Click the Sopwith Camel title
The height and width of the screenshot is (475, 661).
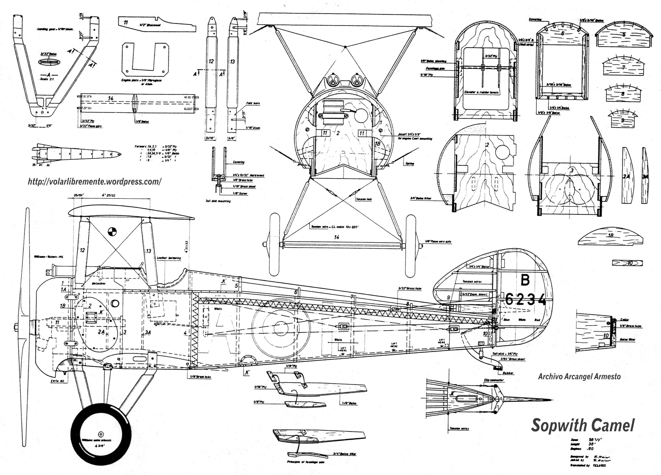pyautogui.click(x=583, y=426)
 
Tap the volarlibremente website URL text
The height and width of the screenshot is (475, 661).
pyautogui.click(x=94, y=182)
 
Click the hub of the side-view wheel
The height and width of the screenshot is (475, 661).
pyautogui.click(x=101, y=433)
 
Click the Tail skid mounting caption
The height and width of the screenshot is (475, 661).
pyautogui.click(x=218, y=201)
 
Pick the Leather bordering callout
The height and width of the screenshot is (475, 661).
pyautogui.click(x=169, y=258)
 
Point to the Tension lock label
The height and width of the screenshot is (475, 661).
pyautogui.click(x=364, y=199)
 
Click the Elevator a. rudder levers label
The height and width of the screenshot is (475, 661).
pyautogui.click(x=481, y=92)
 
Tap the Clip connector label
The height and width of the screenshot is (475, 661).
pyautogui.click(x=494, y=380)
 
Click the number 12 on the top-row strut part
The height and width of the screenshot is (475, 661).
pyautogui.click(x=211, y=61)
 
